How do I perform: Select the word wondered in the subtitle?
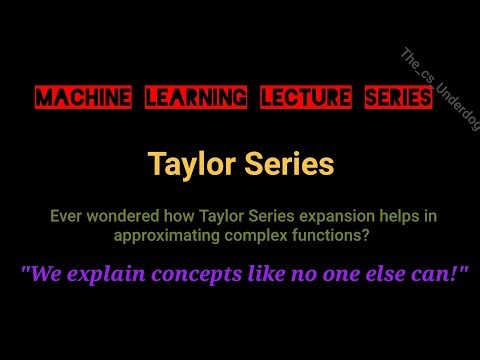(x=118, y=215)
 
